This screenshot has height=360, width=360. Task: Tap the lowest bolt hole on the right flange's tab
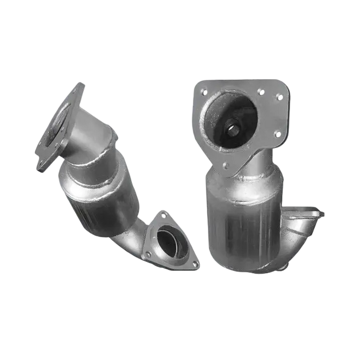point(225,166)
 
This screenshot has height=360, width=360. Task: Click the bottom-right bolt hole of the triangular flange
point(195,262)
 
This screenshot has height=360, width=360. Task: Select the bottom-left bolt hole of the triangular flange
point(148,253)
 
